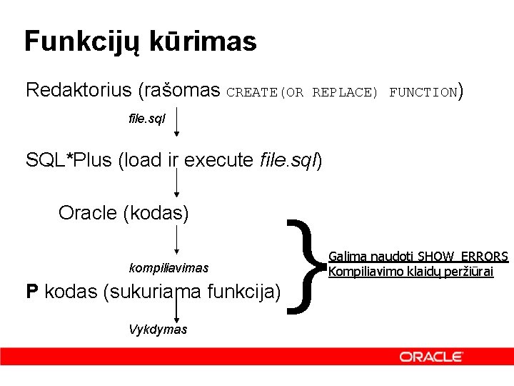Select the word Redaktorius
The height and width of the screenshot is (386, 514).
pyautogui.click(x=78, y=90)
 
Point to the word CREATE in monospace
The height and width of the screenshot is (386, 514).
pyautogui.click(x=253, y=92)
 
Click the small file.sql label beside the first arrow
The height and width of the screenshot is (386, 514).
pyautogui.click(x=146, y=119)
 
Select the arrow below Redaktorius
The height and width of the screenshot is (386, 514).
pyautogui.click(x=177, y=122)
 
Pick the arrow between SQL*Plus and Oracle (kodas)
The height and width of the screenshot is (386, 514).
pyautogui.click(x=177, y=183)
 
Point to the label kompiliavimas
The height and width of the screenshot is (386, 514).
pyautogui.click(x=168, y=268)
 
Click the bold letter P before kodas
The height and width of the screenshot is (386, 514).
pyautogui.click(x=31, y=292)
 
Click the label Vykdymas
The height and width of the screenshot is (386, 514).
pyautogui.click(x=158, y=330)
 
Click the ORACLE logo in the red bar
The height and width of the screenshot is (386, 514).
pyautogui.click(x=431, y=357)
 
